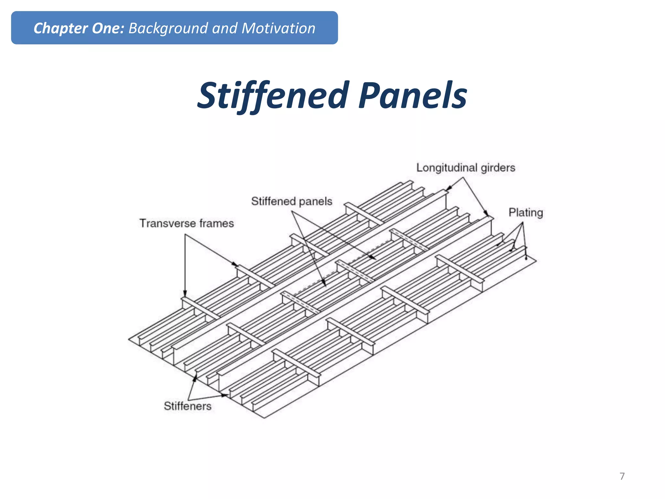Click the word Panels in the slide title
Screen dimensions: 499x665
[413, 95]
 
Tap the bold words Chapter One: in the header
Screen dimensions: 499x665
[79, 28]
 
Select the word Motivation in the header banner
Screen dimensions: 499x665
[278, 28]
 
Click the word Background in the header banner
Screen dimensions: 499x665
[168, 28]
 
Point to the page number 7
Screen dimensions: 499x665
[622, 476]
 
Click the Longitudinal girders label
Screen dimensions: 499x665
[466, 168]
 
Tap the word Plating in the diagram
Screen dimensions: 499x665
[525, 212]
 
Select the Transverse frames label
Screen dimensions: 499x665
[186, 224]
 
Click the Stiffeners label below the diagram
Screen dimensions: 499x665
[187, 406]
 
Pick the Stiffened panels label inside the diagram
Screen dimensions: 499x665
[292, 201]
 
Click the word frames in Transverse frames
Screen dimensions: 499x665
[216, 224]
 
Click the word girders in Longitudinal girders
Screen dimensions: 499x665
[498, 168]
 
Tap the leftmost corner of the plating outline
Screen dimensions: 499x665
[129, 339]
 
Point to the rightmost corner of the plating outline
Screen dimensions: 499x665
[536, 260]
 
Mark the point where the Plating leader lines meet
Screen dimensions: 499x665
[522, 223]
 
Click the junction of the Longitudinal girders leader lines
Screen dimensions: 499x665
[463, 177]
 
